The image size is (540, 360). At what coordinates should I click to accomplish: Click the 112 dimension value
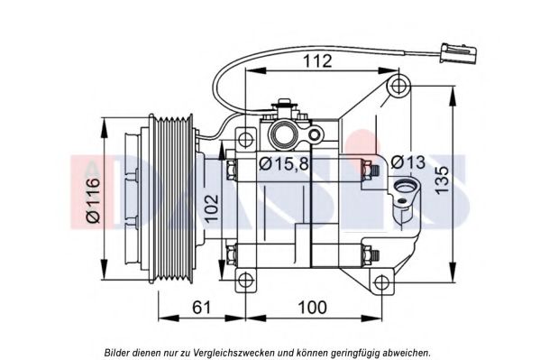(317, 60)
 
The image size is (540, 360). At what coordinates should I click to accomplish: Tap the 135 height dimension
(442, 180)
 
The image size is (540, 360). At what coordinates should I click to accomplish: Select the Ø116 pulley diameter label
(93, 200)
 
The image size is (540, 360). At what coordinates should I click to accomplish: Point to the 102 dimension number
(212, 208)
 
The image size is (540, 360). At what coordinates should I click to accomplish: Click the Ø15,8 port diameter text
(284, 163)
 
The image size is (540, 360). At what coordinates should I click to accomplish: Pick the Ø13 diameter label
(408, 162)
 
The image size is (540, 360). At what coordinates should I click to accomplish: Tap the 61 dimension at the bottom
(201, 308)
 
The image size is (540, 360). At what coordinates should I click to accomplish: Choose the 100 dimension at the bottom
(312, 308)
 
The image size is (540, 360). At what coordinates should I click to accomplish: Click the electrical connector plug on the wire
(459, 53)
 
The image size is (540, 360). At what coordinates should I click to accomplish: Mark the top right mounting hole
(398, 86)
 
